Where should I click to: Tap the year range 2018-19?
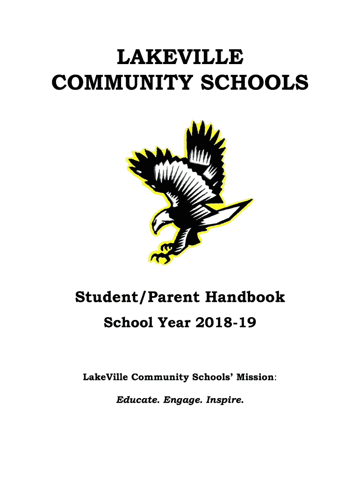(230, 322)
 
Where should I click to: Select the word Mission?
(253, 377)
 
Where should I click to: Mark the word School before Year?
(130, 322)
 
